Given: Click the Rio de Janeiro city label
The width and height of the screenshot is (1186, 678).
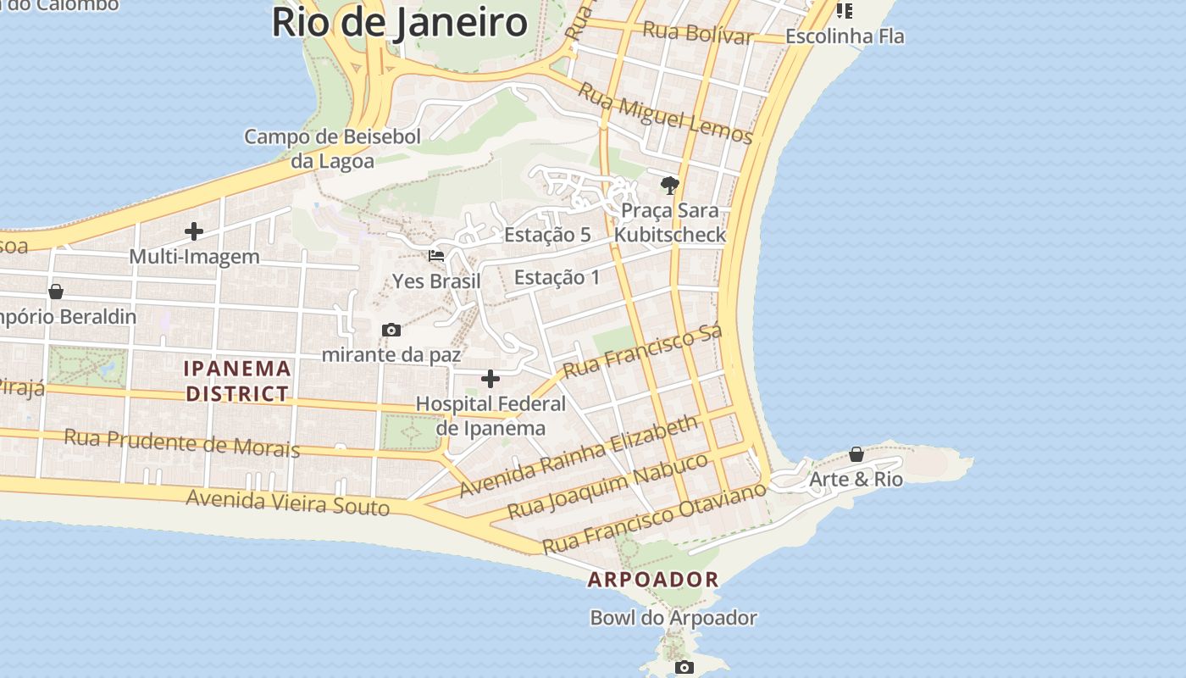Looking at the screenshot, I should (399, 23).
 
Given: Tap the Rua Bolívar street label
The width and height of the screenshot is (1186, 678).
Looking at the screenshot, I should (697, 33).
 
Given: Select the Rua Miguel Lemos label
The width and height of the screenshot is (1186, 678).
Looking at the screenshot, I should (665, 112).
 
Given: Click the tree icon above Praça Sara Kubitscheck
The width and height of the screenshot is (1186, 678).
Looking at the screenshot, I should (669, 185).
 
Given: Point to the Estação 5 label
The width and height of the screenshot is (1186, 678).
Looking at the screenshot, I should (547, 235).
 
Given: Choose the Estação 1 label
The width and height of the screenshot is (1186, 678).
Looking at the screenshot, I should (557, 277).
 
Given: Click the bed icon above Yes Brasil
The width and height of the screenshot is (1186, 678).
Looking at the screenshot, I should (436, 255).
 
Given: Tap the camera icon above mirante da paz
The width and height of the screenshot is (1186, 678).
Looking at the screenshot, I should (391, 330).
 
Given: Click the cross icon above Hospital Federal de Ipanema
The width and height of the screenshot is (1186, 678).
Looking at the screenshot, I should (490, 379).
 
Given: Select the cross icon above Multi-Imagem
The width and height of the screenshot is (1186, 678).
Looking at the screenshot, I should (194, 231).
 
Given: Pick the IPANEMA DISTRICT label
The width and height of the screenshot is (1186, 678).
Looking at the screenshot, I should (238, 381).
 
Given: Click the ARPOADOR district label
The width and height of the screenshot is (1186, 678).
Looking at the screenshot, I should (653, 580).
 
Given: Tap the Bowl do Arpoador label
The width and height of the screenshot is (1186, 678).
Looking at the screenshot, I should (673, 618).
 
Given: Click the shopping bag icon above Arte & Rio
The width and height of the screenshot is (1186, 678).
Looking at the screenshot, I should (856, 454).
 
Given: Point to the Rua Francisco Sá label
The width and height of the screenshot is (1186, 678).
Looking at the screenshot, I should (643, 352).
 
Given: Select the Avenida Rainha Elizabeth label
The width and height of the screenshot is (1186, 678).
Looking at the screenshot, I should (579, 457).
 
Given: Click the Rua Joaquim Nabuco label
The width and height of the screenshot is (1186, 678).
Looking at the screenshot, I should (607, 486).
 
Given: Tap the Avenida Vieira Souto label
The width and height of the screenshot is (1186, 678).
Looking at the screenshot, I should (287, 502).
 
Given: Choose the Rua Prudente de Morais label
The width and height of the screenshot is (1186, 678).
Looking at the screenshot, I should (182, 442).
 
